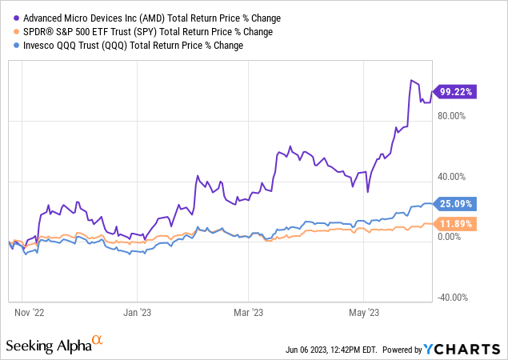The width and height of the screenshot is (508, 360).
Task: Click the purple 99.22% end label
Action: click(x=454, y=92)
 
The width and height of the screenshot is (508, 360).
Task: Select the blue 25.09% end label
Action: click(x=454, y=203)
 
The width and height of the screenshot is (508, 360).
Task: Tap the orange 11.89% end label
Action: click(x=454, y=223)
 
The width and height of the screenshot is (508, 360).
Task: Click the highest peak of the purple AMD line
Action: click(x=412, y=80)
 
